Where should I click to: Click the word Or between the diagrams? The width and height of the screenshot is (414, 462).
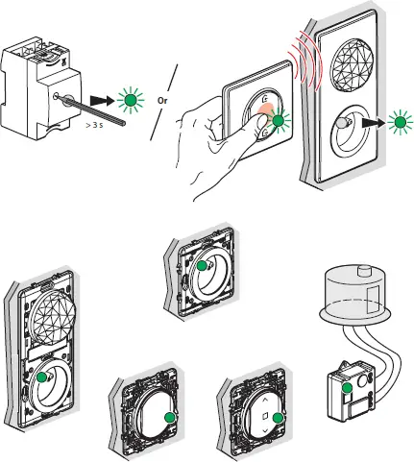[x=162, y=101]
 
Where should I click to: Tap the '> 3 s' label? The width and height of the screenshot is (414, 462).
[x=94, y=125]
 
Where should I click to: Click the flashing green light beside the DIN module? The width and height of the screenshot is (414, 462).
[x=131, y=101]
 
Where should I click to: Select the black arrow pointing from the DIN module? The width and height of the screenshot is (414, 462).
[x=102, y=101]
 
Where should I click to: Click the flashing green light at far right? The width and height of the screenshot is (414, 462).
[x=400, y=123]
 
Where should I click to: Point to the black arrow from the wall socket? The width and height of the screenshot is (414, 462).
[x=374, y=123]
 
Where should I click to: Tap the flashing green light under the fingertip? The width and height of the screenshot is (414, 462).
[x=278, y=121]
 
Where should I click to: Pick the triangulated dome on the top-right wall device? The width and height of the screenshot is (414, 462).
[x=352, y=62]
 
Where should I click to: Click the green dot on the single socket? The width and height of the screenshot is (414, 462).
[x=202, y=266]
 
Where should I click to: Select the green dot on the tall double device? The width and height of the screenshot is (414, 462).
[x=41, y=377]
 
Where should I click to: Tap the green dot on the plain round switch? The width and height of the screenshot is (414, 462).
[x=169, y=418]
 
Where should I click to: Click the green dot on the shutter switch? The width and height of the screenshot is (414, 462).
[x=279, y=418]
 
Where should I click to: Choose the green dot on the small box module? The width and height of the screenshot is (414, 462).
[x=347, y=388]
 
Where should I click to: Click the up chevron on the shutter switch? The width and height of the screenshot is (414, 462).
[x=265, y=400]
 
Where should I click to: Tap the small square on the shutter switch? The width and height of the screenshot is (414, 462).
[x=265, y=416]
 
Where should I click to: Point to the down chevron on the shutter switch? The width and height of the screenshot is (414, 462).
[x=265, y=431]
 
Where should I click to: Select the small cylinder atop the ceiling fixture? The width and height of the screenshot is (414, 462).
[x=363, y=271]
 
